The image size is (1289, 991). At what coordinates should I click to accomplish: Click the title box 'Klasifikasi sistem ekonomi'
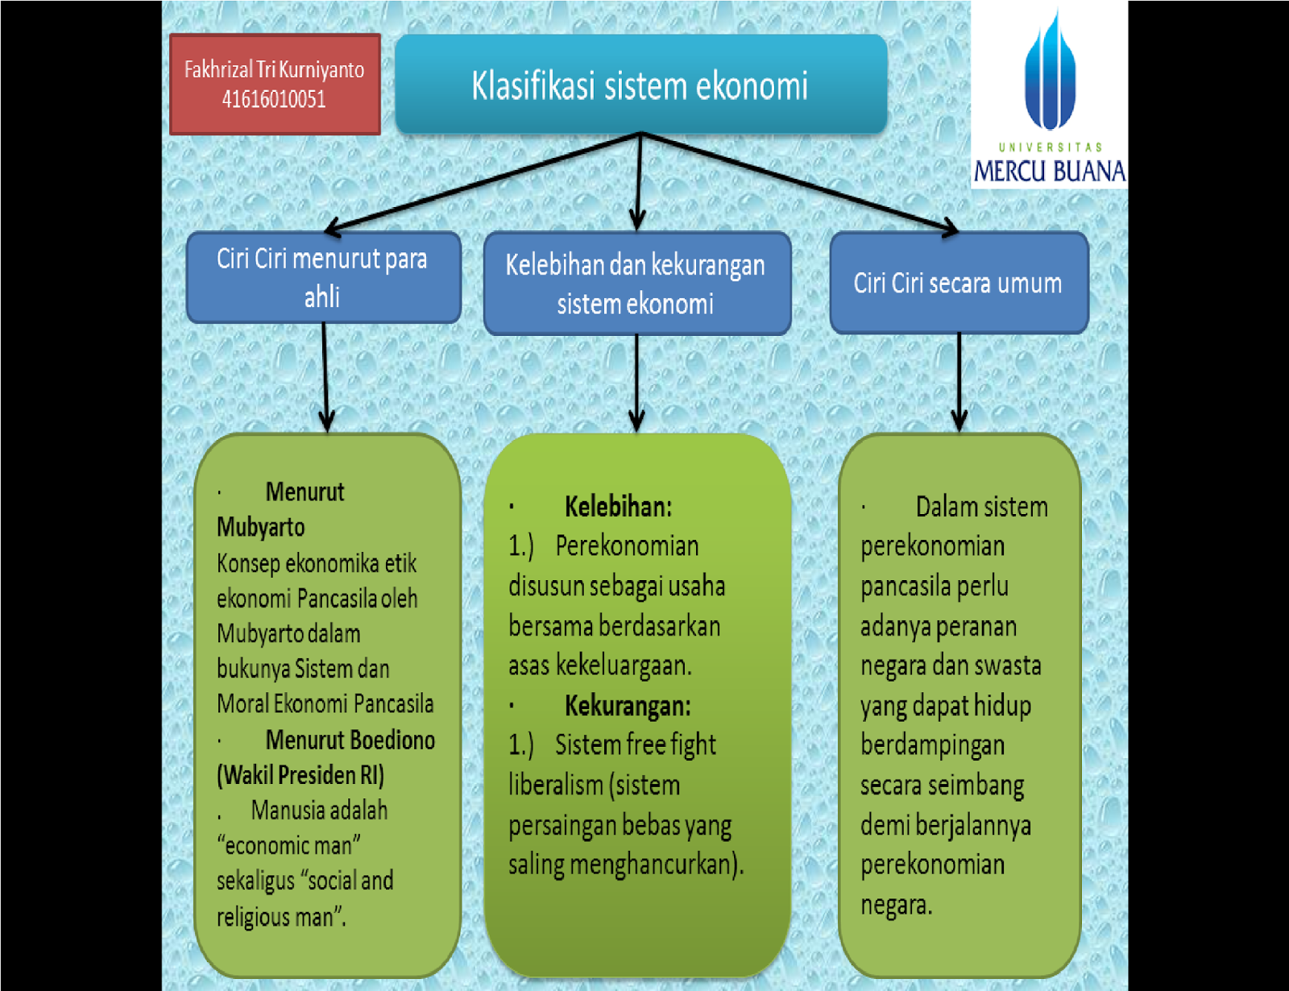640,85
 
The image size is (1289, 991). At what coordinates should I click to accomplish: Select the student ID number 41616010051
274,99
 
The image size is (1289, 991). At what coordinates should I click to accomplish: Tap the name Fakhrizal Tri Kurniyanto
274,70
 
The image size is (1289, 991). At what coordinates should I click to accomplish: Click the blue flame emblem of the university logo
1049,73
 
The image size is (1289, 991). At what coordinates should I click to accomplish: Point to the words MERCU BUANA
1049,171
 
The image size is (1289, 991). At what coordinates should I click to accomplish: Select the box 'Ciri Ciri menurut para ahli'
322,277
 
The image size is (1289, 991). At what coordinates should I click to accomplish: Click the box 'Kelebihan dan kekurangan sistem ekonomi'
636,284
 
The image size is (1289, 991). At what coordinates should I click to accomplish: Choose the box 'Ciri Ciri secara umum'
958,283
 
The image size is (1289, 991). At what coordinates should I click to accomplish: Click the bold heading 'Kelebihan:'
618,507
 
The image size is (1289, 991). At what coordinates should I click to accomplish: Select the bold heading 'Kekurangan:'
628,706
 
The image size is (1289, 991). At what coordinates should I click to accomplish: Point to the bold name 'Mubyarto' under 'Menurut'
261,527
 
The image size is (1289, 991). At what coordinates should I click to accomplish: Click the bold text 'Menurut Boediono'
350,740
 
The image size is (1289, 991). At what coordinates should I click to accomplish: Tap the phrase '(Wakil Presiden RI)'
300,775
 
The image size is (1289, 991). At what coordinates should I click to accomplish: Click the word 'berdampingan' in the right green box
932,745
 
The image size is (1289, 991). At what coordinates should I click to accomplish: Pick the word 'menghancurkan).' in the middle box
657,865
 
